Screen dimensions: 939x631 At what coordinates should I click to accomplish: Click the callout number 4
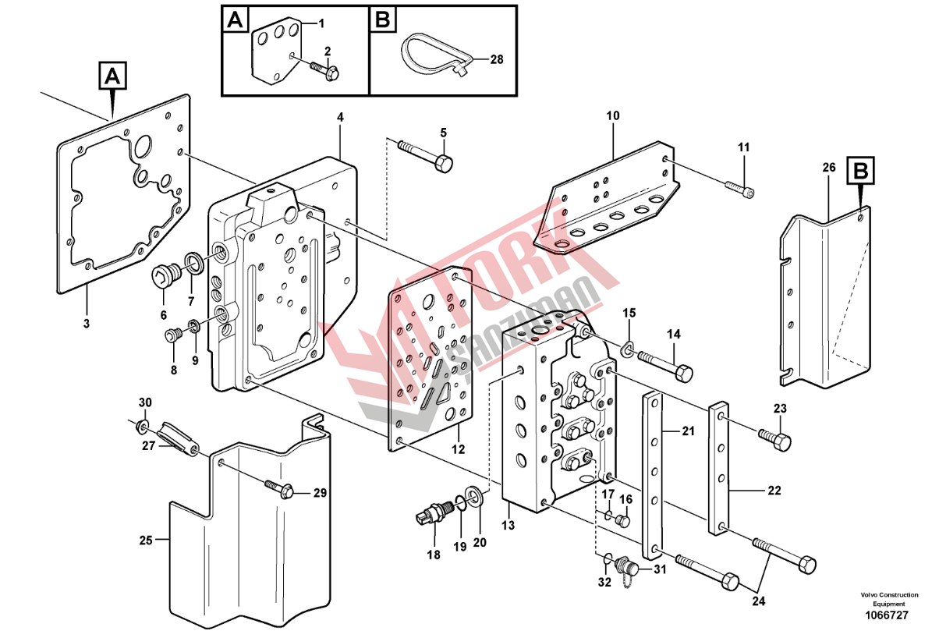340,118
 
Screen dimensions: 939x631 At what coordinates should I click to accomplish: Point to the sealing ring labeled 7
195,264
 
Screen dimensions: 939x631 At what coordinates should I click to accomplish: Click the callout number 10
612,115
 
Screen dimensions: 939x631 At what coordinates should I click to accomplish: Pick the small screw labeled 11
739,188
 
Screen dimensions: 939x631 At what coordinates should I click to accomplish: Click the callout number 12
458,449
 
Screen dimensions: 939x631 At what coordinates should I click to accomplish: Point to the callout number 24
758,601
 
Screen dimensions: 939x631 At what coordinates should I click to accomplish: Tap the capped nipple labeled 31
626,568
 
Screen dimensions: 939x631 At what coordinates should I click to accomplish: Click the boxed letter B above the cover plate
860,170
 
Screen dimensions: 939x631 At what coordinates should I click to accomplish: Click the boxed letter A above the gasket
113,76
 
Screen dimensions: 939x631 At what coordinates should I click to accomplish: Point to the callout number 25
146,541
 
